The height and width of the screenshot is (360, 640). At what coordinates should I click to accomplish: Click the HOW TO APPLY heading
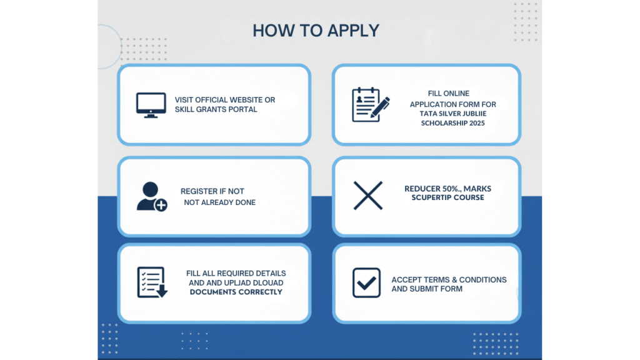coord(316,31)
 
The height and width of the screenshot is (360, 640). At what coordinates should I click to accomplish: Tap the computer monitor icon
coord(151,105)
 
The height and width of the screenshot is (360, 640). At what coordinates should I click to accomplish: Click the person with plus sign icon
coord(152,196)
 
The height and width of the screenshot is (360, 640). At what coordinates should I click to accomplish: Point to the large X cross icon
coord(368,195)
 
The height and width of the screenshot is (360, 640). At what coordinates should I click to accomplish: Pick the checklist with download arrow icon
coord(152,282)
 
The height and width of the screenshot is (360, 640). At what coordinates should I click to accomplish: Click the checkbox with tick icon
coord(366,282)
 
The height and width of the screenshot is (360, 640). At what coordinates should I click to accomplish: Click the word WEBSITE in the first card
coord(240,100)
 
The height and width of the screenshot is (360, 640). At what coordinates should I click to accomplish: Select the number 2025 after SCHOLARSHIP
coord(475,124)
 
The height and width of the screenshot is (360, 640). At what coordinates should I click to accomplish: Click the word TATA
coord(419,114)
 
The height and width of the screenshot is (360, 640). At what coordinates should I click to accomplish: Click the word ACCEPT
coord(406,280)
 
